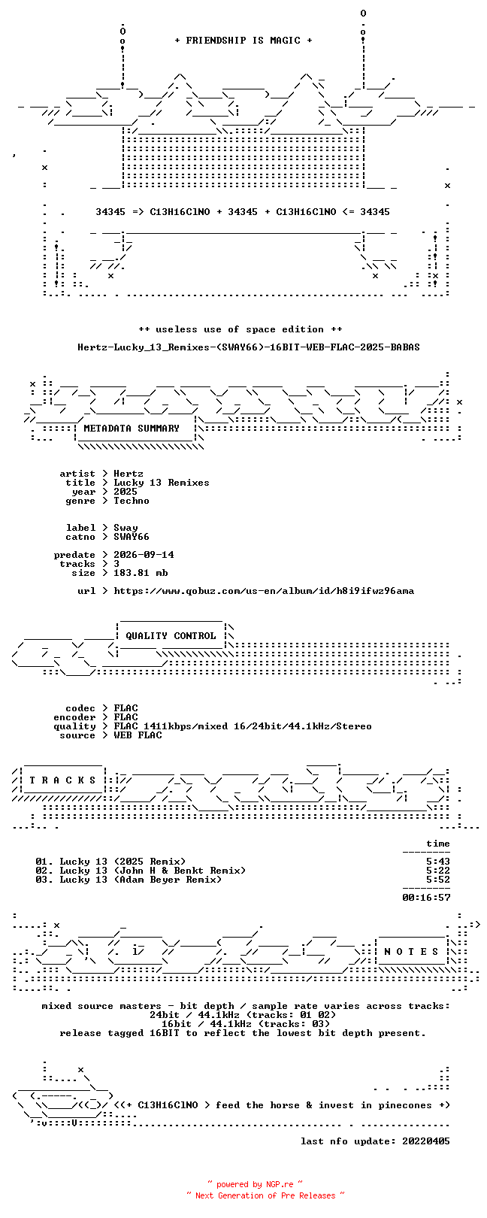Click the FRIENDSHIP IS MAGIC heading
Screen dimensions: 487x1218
click(x=243, y=41)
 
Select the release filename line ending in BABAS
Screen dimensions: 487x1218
click(x=249, y=347)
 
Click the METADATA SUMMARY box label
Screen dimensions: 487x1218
click(x=132, y=429)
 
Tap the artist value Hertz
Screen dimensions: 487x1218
click(x=129, y=474)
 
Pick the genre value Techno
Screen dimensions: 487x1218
click(x=131, y=501)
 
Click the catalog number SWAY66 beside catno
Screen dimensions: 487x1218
click(x=131, y=537)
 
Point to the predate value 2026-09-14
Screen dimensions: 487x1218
click(x=144, y=555)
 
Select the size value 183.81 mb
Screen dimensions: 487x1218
click(x=141, y=573)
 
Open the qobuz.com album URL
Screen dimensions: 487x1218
click(x=264, y=591)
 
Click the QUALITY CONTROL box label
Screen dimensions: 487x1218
click(x=171, y=635)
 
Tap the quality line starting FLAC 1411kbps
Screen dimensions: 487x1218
click(x=243, y=726)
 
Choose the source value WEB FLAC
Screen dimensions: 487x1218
click(x=138, y=735)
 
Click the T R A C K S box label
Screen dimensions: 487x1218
click(x=62, y=780)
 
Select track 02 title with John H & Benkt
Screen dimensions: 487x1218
click(x=153, y=871)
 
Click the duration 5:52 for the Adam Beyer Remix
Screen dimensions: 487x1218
click(x=438, y=880)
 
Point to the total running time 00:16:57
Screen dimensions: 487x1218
click(x=426, y=898)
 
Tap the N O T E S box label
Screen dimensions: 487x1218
click(x=411, y=952)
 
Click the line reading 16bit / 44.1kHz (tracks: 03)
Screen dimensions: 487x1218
click(x=246, y=1024)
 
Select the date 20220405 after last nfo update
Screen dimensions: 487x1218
click(x=426, y=1141)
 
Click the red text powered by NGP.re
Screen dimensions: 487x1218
click(x=255, y=1184)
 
